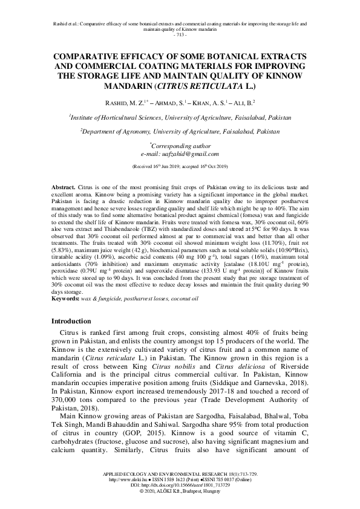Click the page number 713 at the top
click(x=180, y=34)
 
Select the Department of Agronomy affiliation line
click(x=180, y=131)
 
